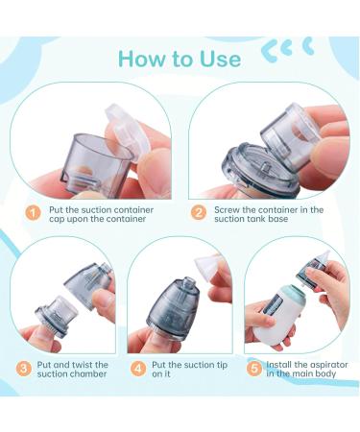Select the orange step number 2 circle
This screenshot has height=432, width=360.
point(200,212)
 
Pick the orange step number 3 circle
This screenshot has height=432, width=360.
point(23,366)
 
